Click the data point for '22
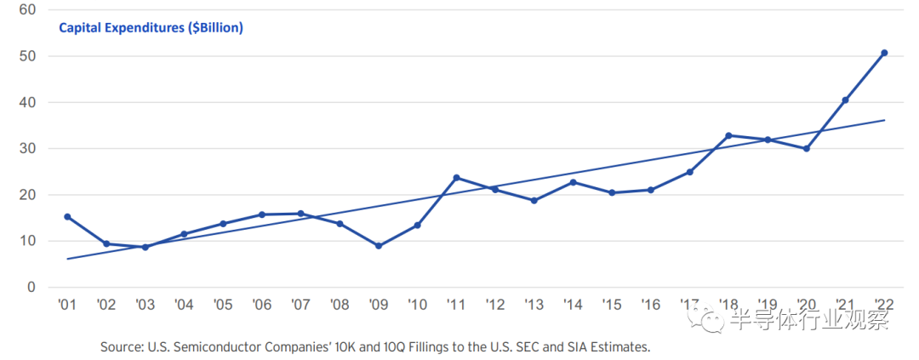(x=884, y=53)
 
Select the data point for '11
(x=456, y=178)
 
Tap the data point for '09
(x=378, y=246)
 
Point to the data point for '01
(x=67, y=217)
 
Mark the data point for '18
(x=728, y=135)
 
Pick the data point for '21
(x=845, y=100)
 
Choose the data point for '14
(x=573, y=182)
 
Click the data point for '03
(x=145, y=247)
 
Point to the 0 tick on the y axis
(x=30, y=287)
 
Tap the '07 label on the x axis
(x=300, y=305)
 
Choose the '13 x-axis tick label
(x=534, y=305)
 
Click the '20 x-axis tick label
(x=806, y=305)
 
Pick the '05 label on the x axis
(x=222, y=305)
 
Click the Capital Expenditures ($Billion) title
(x=151, y=28)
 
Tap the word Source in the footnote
(x=123, y=347)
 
